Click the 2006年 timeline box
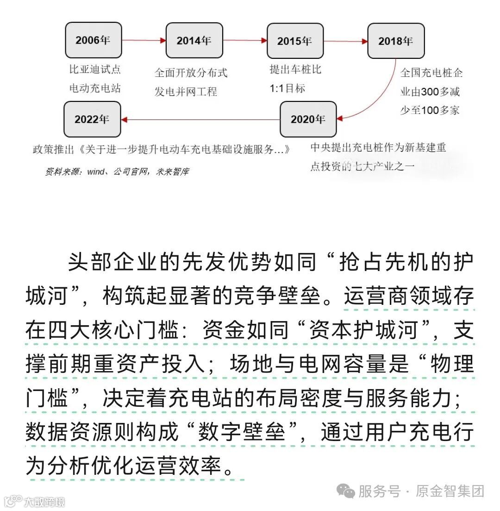[x=93, y=40]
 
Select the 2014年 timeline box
[x=194, y=40]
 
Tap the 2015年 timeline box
[x=295, y=41]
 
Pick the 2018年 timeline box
[x=396, y=41]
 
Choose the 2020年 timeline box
[x=308, y=119]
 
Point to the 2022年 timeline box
[x=92, y=119]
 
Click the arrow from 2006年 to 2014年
[x=144, y=40]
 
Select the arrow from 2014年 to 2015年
[x=244, y=41]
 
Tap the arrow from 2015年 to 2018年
[x=345, y=41]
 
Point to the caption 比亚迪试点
[x=95, y=69]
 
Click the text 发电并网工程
[x=186, y=91]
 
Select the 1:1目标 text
[x=287, y=88]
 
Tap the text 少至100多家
[x=430, y=110]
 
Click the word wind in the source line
[x=95, y=171]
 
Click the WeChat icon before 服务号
[x=345, y=491]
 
